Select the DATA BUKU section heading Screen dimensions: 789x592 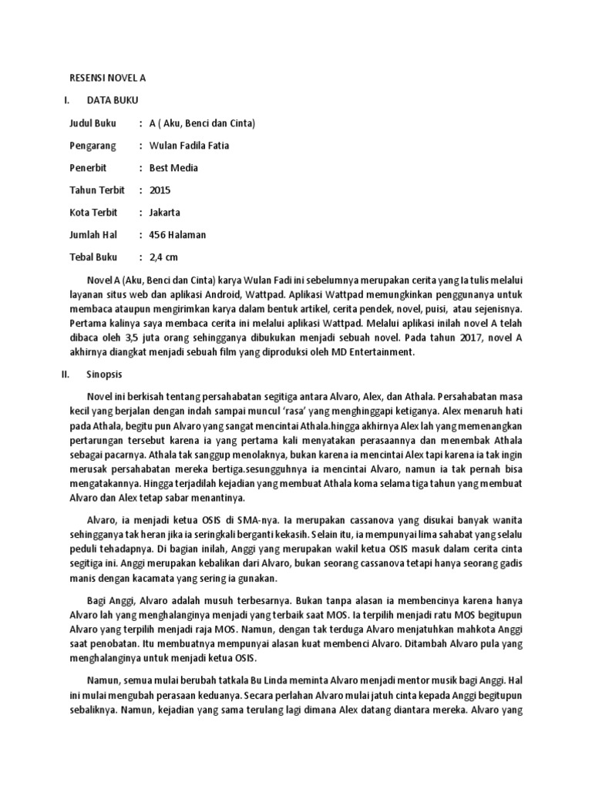point(113,99)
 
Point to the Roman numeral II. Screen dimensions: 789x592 point(66,374)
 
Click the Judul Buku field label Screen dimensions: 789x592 point(92,123)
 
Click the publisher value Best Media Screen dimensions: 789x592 point(173,167)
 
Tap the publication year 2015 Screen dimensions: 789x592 point(160,190)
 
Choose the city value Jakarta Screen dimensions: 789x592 point(164,212)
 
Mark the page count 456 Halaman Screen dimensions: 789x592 point(177,234)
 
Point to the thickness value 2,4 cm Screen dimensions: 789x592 point(163,257)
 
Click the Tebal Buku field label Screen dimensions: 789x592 point(92,257)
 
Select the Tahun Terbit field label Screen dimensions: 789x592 point(96,190)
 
